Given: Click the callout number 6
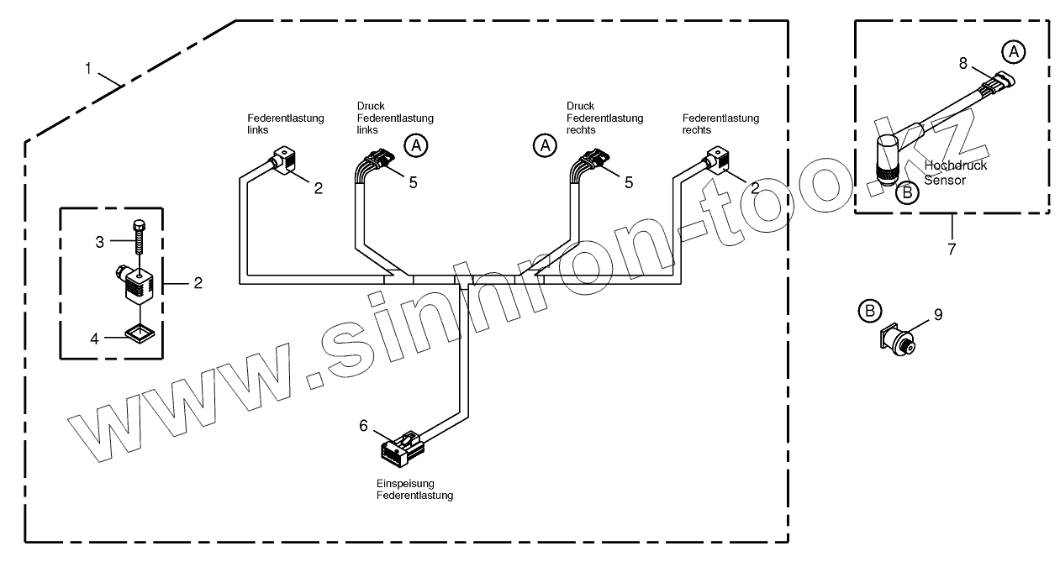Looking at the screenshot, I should tap(363, 426).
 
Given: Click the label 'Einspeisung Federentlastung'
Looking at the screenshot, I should tap(414, 490).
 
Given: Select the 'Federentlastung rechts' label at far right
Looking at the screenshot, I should tap(720, 124).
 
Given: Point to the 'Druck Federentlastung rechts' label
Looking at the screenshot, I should tap(604, 118).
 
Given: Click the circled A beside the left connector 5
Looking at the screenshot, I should tap(415, 145).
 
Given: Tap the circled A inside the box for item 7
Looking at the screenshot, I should tap(1013, 52).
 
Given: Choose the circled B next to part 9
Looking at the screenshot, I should tap(869, 312).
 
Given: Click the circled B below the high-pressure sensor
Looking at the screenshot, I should tap(907, 192).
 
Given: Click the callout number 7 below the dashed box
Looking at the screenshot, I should tap(952, 249).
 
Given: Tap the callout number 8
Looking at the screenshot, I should tap(963, 63).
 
